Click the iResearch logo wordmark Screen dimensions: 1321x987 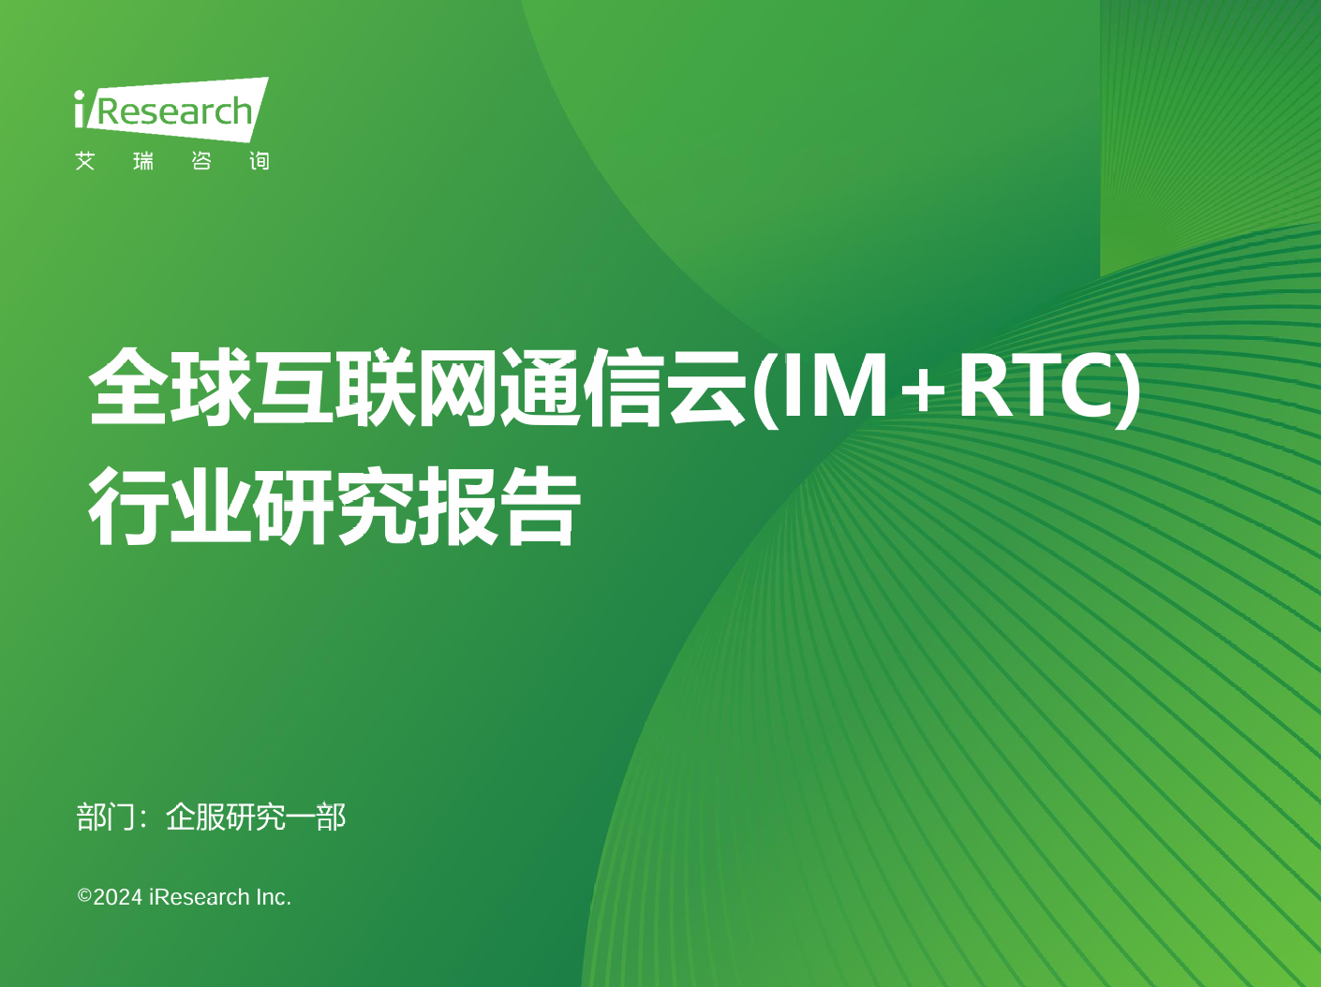171,110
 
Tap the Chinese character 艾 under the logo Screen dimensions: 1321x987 85,161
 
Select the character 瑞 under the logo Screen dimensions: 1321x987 143,161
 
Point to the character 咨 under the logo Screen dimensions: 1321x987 201,161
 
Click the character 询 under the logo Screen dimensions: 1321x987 260,161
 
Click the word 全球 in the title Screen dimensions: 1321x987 170,387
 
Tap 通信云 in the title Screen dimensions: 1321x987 622,387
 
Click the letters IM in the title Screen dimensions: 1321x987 834,385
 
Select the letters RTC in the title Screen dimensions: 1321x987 1034,385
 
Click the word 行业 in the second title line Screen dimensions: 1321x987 170,506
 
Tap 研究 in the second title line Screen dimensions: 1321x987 334,506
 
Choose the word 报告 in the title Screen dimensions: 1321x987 498,506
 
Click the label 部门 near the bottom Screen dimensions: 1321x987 105,817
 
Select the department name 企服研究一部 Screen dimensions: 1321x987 256,817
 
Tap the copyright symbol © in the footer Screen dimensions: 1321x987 84,896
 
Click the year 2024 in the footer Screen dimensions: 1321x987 117,897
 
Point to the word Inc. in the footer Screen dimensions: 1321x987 274,897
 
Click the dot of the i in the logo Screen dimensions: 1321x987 80,96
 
